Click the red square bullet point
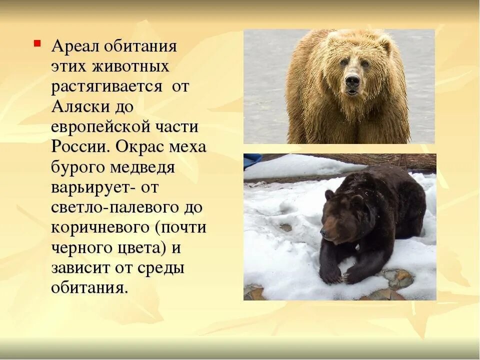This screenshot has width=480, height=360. [37, 43]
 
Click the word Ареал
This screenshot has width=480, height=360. [75, 46]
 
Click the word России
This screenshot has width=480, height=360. [79, 147]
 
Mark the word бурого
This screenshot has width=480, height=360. [78, 167]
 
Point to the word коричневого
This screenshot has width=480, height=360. [99, 227]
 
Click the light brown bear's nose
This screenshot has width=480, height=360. [352, 81]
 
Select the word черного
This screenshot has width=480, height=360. [77, 248]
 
